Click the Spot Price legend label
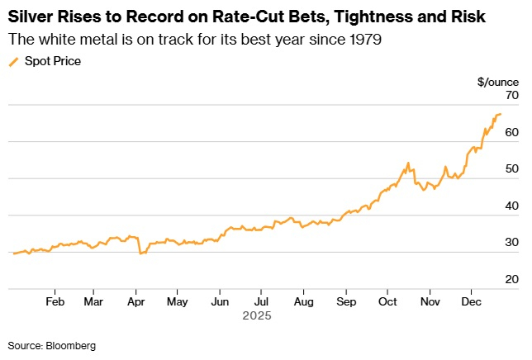coord(53,61)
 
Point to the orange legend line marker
coord(13,61)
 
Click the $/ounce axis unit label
coord(498,81)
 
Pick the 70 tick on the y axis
coord(511,96)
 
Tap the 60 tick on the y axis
coord(511,132)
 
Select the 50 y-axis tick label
coord(511,169)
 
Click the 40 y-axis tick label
coord(511,206)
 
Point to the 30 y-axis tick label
coord(511,243)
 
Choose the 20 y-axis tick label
coord(511,279)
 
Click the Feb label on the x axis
coord(55,301)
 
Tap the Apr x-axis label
coord(135,301)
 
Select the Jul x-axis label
coord(260,301)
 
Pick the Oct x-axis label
coord(387,301)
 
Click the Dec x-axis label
coord(471,301)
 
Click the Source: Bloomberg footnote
coord(52,345)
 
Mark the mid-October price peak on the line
coord(408,163)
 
